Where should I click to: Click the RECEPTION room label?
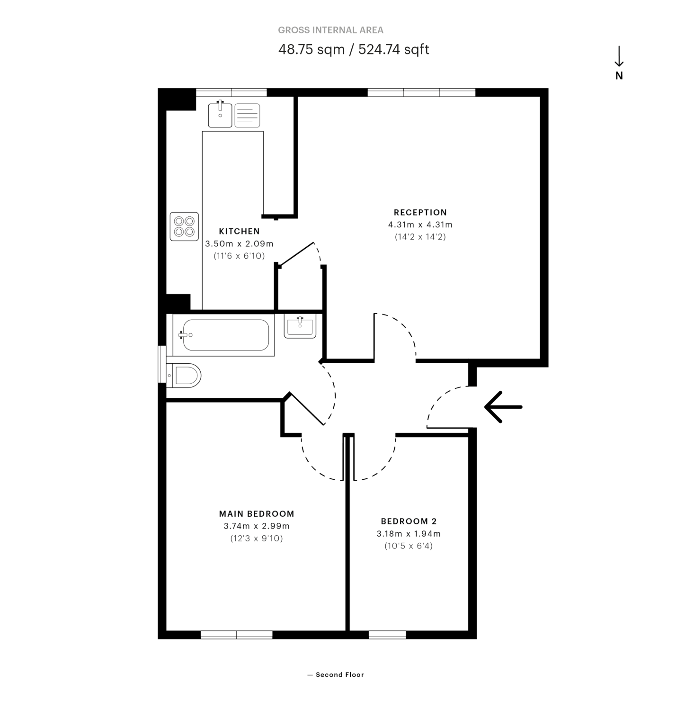(x=420, y=212)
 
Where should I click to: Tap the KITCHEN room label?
(x=239, y=231)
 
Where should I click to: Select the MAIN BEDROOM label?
(x=257, y=513)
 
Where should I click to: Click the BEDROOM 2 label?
(x=409, y=521)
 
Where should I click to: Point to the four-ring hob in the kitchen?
(x=184, y=226)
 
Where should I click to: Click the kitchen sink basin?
(x=220, y=116)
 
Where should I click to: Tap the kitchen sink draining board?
(x=247, y=116)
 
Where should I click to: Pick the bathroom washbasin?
(x=300, y=327)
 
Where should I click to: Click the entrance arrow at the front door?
(x=503, y=407)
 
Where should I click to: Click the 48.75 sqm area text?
(x=311, y=49)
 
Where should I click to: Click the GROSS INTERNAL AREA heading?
(x=330, y=30)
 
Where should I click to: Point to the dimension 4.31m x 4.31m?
(x=420, y=224)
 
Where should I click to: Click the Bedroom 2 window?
(x=387, y=635)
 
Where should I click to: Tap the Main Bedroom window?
(x=237, y=635)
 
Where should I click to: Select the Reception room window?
(x=421, y=92)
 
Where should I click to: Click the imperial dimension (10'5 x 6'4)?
(x=409, y=546)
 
